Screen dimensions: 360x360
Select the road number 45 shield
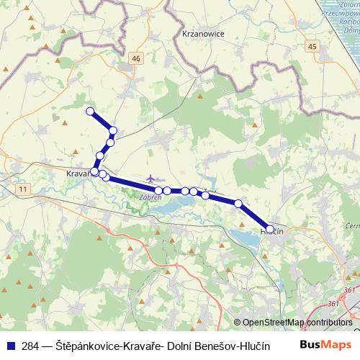pyautogui.click(x=311, y=47)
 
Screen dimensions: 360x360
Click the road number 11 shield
pyautogui.click(x=24, y=189)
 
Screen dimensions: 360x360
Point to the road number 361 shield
pyautogui.click(x=349, y=291)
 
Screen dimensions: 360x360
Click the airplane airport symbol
pyautogui.click(x=150, y=178)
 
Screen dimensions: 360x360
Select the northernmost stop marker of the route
pyautogui.click(x=90, y=111)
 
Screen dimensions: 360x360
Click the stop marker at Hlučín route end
pyautogui.click(x=270, y=228)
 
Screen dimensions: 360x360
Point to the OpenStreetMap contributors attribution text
pyautogui.click(x=297, y=323)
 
